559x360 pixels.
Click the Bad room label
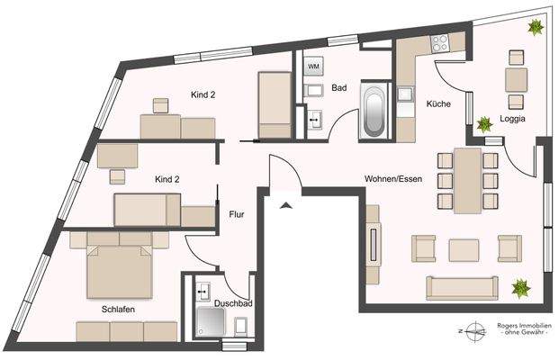(x=339, y=88)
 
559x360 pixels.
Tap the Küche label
(x=438, y=105)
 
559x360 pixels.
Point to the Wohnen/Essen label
(x=392, y=178)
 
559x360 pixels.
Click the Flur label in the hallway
(x=238, y=214)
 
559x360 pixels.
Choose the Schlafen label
(x=118, y=309)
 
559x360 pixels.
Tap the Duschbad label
(x=233, y=303)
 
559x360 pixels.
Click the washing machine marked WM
(x=313, y=67)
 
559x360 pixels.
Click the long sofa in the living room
(x=462, y=288)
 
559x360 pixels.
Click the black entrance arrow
(x=286, y=207)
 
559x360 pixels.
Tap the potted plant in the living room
(x=520, y=289)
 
